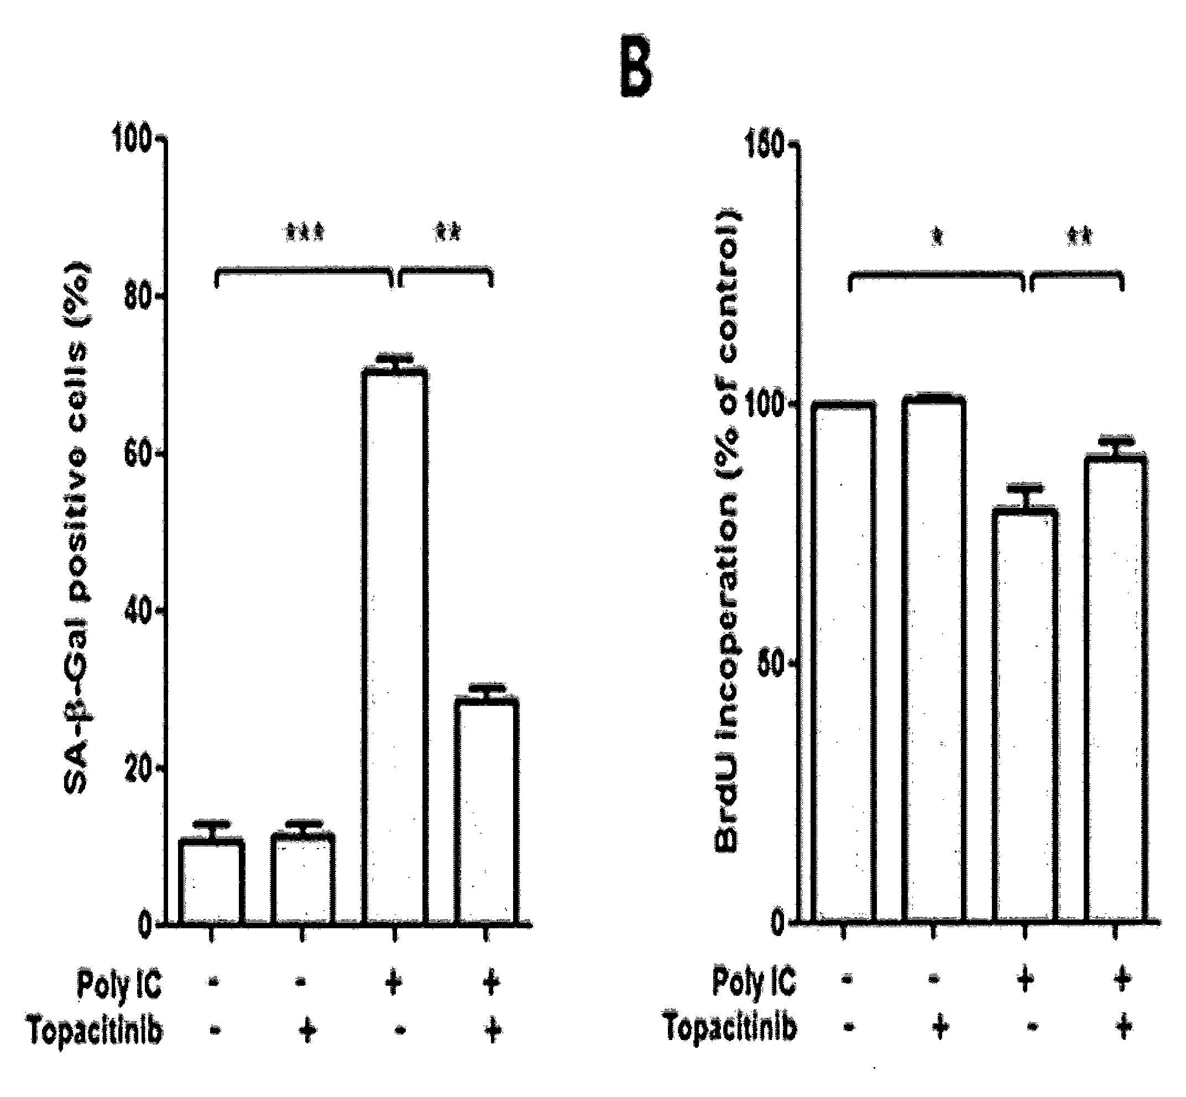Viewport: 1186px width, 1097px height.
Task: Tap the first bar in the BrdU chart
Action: coord(844,663)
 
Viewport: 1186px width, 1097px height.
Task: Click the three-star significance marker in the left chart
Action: coord(304,232)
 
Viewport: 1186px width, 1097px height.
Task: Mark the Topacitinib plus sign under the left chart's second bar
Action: coord(306,1032)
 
